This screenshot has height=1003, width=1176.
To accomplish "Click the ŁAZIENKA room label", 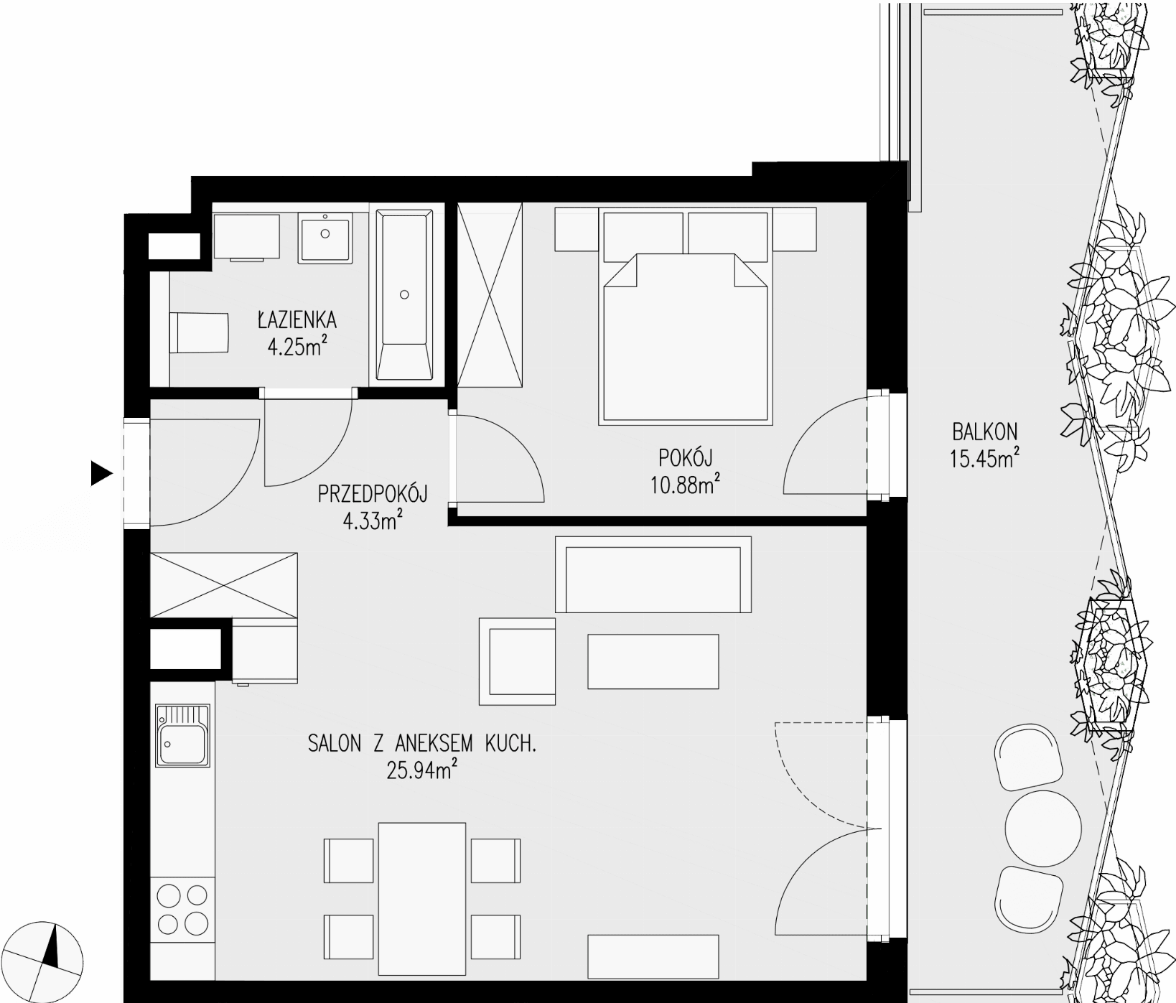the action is click(x=297, y=319).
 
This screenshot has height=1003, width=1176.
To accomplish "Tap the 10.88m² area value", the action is click(x=685, y=486).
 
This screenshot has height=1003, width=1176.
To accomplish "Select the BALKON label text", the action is click(x=985, y=431).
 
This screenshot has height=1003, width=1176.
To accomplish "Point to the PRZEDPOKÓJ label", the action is click(x=373, y=494).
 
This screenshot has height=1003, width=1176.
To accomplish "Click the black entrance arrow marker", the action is click(x=102, y=473).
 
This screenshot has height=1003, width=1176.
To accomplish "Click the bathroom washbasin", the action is click(x=325, y=236).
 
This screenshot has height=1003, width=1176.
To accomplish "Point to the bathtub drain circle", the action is click(x=405, y=294).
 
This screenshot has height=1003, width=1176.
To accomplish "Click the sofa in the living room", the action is click(x=653, y=574).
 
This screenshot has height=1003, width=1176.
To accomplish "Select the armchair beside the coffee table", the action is click(x=517, y=661).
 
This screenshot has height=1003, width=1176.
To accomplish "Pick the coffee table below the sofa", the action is click(x=653, y=661).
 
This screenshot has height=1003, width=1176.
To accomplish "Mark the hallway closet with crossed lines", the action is click(x=223, y=584).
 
